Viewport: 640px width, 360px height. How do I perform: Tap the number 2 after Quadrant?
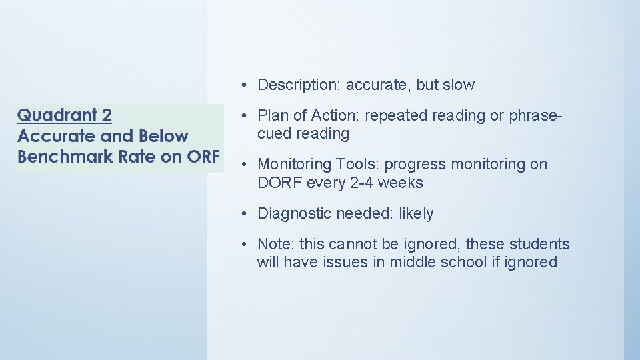(x=105, y=115)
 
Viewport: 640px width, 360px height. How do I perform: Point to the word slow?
(x=459, y=85)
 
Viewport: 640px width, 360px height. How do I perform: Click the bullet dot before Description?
(x=245, y=85)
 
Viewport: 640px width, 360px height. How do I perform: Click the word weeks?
(x=402, y=183)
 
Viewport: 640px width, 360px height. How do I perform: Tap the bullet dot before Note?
(x=245, y=245)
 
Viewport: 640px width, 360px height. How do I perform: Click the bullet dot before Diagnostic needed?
(x=245, y=214)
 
